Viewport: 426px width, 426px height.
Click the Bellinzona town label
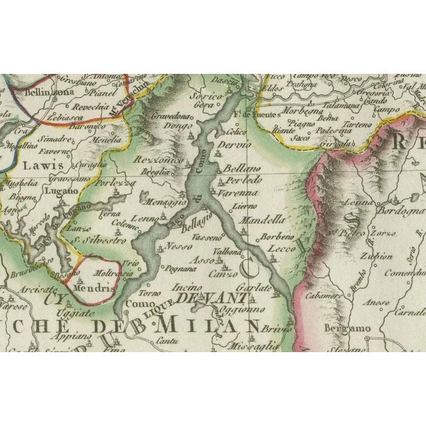47,93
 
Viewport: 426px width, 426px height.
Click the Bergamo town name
347,329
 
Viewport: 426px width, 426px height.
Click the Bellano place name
241,170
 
